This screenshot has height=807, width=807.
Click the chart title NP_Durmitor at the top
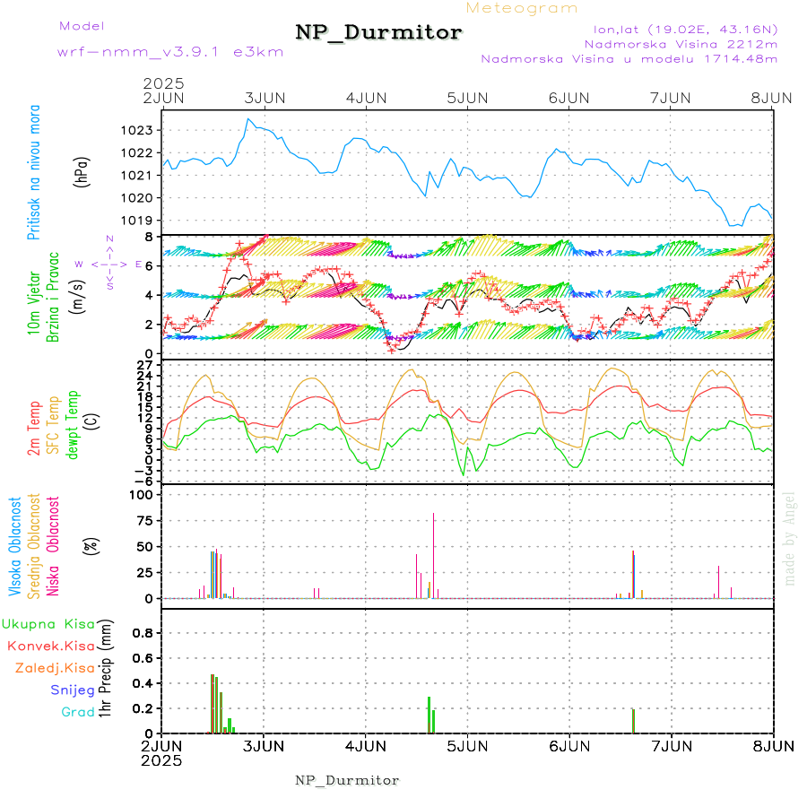tap(378, 33)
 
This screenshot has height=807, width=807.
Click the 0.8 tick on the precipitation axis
tap(143, 632)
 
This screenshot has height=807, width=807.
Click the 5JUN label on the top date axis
tap(467, 97)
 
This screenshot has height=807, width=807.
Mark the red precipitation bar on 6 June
tap(633, 721)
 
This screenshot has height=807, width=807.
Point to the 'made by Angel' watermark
tap(790, 538)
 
